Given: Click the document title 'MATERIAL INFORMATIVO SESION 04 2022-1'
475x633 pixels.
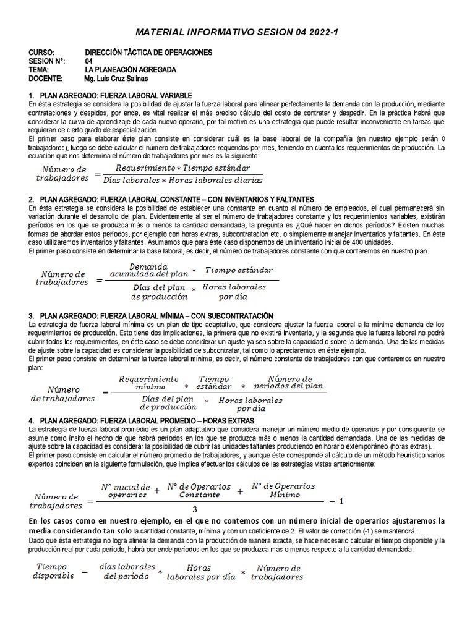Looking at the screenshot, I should click(x=237, y=32).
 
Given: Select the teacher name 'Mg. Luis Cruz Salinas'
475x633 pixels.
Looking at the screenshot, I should click(x=116, y=79).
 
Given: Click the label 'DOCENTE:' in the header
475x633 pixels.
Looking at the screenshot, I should click(x=46, y=79).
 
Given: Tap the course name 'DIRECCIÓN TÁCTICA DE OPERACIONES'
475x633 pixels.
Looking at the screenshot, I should click(x=148, y=53).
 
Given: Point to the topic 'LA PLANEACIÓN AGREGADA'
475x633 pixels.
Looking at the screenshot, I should click(x=130, y=70).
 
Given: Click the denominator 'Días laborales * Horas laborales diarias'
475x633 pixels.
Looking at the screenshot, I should click(x=183, y=181).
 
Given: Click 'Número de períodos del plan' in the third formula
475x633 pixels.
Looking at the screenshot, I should click(x=289, y=382).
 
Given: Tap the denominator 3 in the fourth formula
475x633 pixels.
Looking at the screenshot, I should click(x=195, y=509).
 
